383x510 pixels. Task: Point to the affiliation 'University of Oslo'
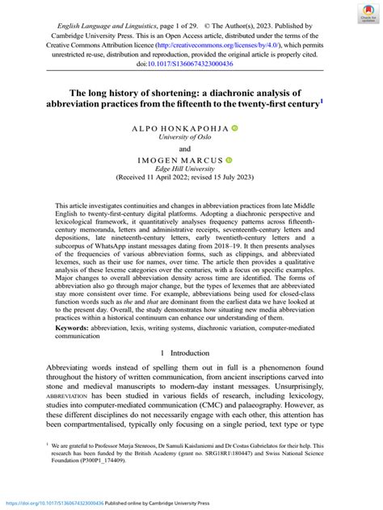click(x=191, y=138)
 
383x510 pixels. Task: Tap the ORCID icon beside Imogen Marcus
click(x=229, y=160)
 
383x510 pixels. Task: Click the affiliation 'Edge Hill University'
click(x=191, y=169)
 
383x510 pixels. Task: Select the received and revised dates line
click(x=191, y=180)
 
